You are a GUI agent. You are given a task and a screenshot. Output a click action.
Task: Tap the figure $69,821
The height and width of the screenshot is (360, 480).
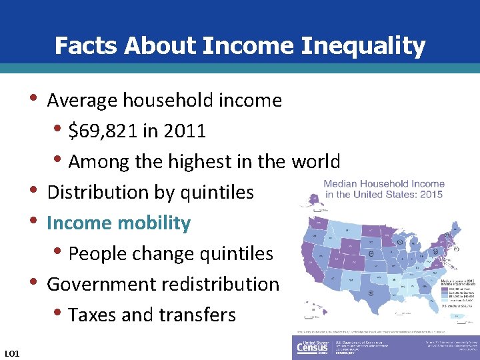tap(103, 131)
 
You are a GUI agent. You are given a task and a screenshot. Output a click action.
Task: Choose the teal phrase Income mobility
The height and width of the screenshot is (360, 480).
tap(119, 223)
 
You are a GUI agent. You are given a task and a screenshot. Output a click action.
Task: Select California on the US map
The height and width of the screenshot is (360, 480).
tap(312, 257)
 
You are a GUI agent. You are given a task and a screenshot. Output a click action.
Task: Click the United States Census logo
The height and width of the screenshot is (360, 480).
tap(312, 347)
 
